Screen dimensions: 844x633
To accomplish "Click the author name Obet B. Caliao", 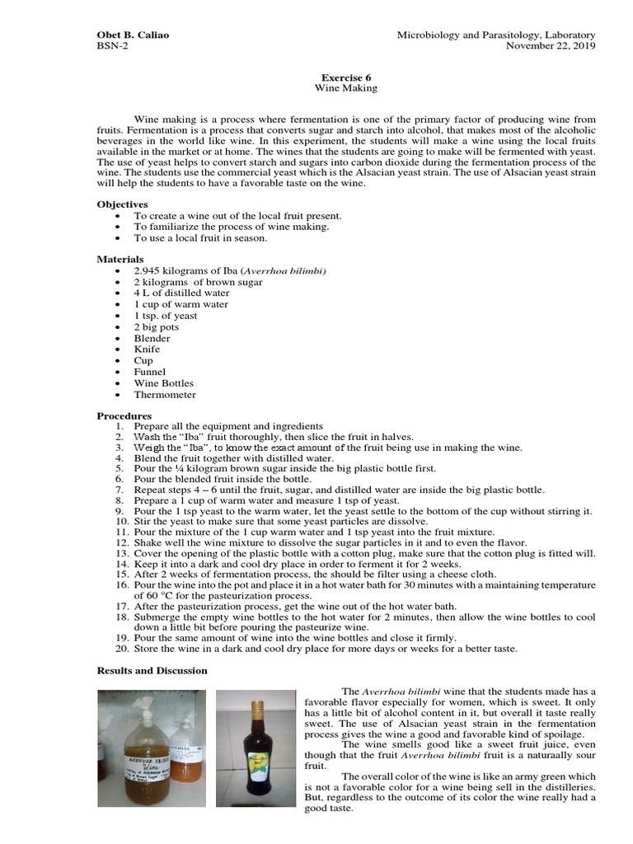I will tap(134, 35).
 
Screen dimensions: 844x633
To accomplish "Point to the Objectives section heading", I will tap(122, 204).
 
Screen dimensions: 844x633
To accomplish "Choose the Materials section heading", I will tap(120, 260).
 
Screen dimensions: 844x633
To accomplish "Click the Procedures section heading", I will tap(124, 415).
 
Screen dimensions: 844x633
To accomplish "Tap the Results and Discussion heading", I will tap(152, 671).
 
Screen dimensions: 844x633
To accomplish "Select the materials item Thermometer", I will tap(165, 395).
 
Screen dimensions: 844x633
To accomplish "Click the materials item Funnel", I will tap(150, 372).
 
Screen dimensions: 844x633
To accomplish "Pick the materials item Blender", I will tap(152, 338).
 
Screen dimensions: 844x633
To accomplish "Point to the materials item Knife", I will tap(148, 349).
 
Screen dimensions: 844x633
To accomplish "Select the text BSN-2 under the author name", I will tap(113, 46).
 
